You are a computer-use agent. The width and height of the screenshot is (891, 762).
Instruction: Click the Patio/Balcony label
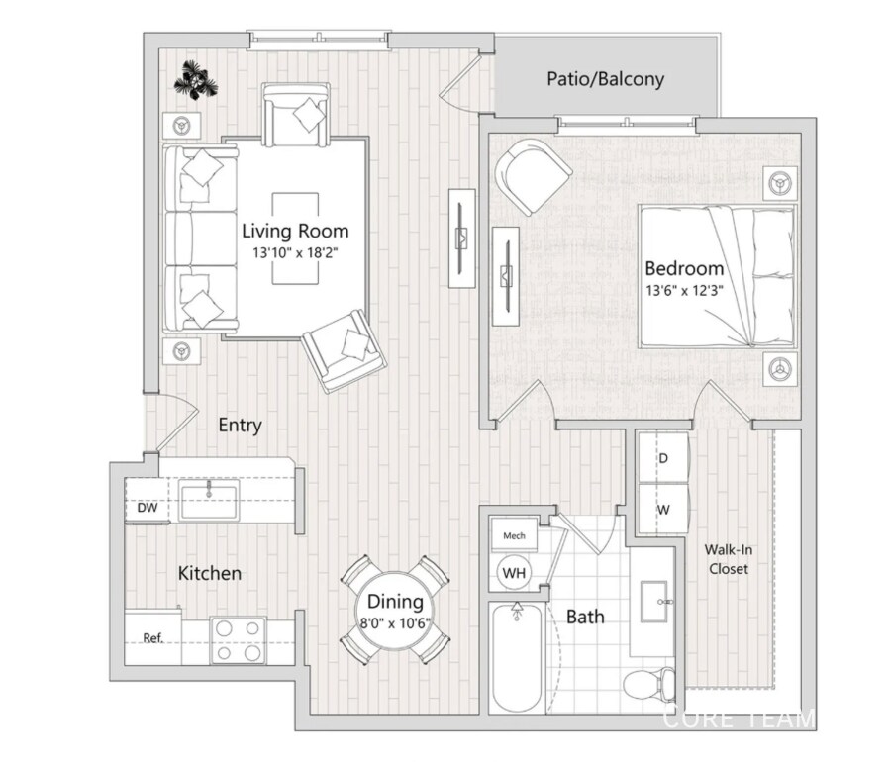(x=605, y=79)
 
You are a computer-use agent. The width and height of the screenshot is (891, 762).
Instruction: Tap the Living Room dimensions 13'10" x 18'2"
(x=295, y=252)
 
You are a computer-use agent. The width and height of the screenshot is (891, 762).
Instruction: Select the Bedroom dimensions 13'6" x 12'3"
(x=684, y=291)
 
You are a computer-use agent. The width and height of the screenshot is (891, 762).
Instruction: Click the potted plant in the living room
(x=195, y=81)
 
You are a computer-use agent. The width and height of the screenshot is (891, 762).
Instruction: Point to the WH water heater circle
(x=514, y=572)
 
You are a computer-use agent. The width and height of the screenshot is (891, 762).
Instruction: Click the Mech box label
(x=514, y=535)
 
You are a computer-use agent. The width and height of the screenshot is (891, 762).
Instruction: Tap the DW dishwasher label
(x=148, y=507)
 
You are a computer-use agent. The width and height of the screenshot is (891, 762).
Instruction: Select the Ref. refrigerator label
(x=153, y=638)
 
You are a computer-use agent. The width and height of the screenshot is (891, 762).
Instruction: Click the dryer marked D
(x=663, y=457)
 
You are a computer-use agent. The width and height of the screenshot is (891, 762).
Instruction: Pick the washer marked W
(x=663, y=509)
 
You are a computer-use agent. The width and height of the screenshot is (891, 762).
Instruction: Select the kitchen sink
(x=209, y=500)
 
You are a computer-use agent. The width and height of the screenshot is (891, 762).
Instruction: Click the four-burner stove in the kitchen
(x=238, y=640)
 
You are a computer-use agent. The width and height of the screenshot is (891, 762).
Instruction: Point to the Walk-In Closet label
(x=729, y=559)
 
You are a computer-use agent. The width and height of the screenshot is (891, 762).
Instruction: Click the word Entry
(x=240, y=425)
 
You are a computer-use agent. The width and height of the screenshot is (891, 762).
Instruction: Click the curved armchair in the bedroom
(x=533, y=175)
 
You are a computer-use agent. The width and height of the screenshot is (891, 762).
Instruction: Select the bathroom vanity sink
(x=655, y=602)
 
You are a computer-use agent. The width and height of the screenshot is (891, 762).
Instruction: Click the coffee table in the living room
(x=295, y=238)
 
